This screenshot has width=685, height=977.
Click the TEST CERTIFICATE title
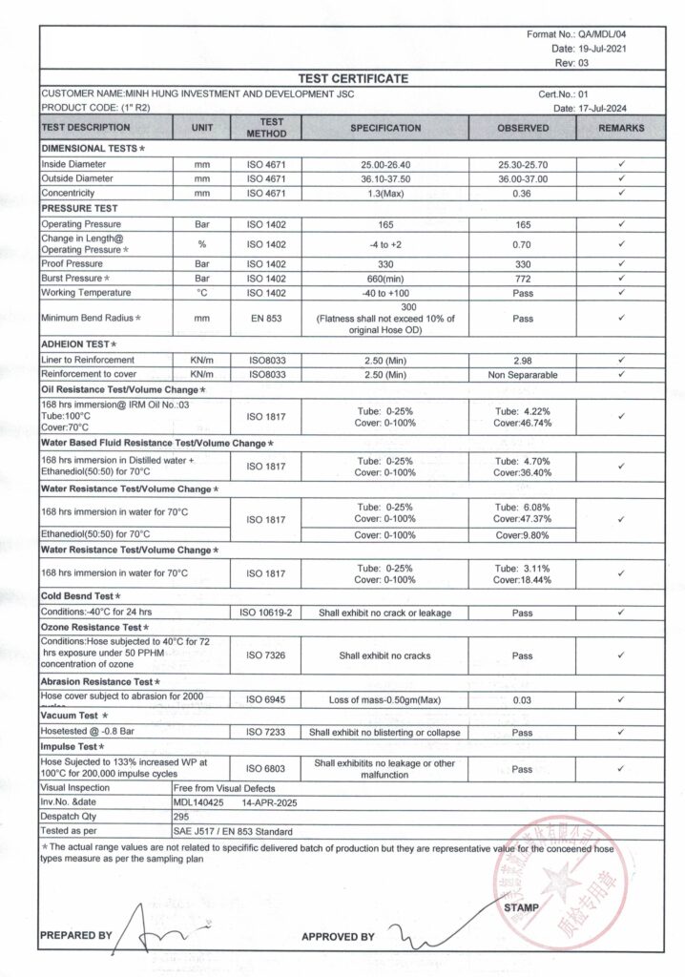(x=353, y=78)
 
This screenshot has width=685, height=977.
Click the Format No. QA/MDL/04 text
(x=577, y=34)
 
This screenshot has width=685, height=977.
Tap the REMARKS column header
(x=622, y=128)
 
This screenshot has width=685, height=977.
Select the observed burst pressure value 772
(x=523, y=278)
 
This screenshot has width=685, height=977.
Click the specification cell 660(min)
(x=385, y=278)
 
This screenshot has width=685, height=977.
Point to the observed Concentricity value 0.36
(x=523, y=193)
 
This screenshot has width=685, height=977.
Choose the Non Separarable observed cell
(x=523, y=375)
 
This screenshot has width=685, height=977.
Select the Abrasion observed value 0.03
(x=523, y=700)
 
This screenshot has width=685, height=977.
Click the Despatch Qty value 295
(x=182, y=817)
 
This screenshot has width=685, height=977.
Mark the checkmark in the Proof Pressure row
(x=621, y=263)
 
